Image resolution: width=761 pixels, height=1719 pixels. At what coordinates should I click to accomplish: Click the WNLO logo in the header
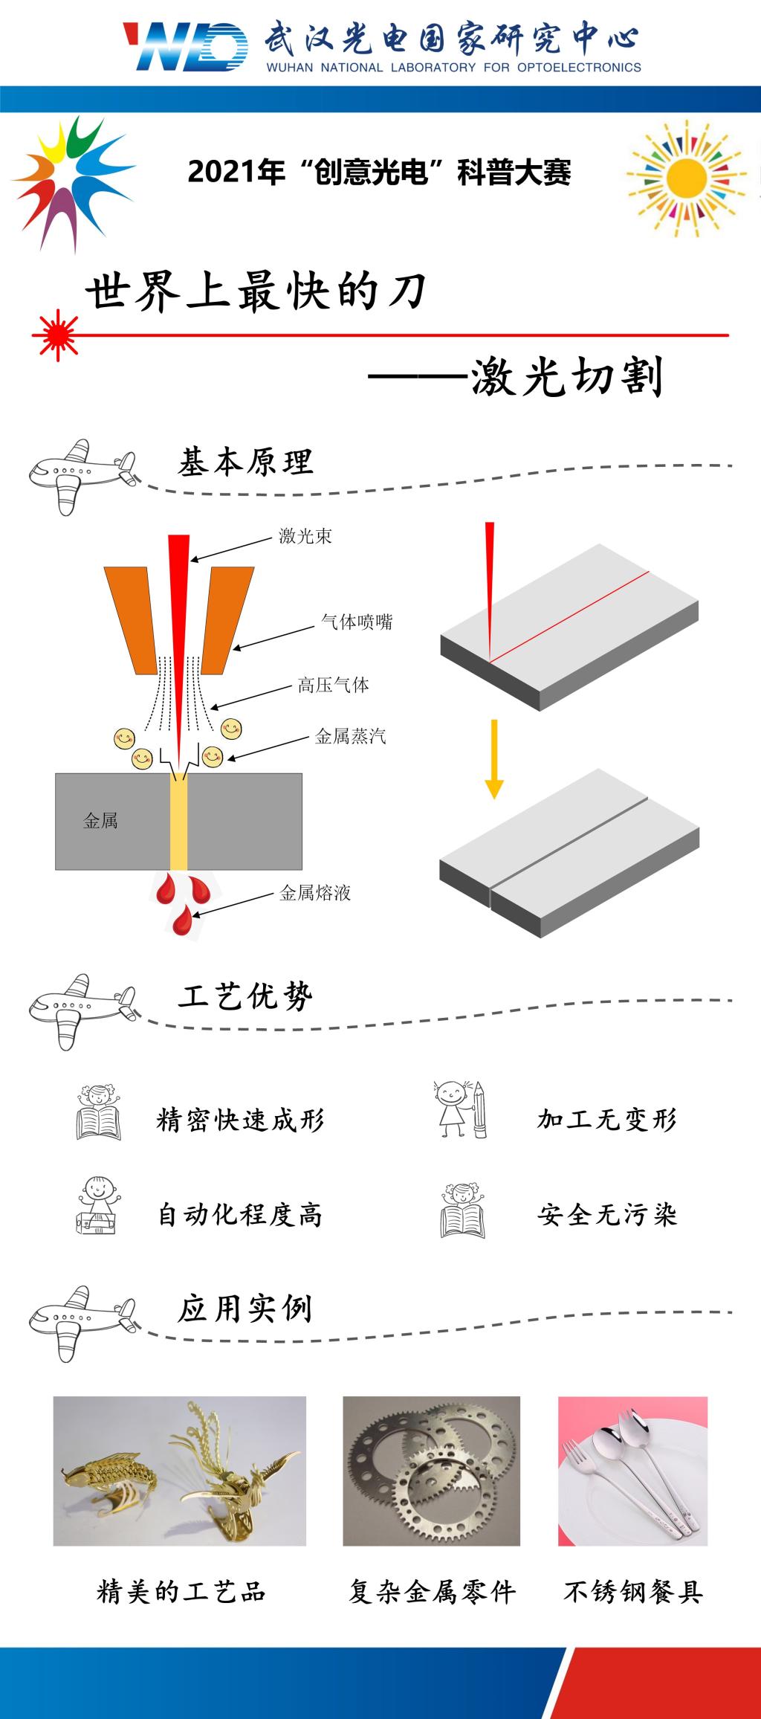tap(186, 46)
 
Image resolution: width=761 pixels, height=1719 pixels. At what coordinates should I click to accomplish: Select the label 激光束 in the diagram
tap(305, 536)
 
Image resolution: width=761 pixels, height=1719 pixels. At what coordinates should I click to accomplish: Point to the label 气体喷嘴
tap(357, 622)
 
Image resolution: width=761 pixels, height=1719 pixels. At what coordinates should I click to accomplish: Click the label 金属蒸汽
tap(350, 736)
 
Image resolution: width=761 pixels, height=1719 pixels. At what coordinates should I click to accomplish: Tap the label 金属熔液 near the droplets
tap(314, 892)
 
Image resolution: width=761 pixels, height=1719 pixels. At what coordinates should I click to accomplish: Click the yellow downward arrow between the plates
tap(494, 759)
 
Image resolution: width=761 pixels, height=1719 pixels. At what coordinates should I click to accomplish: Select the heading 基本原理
tap(245, 462)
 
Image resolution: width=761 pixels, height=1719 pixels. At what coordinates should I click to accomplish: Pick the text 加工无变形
tap(606, 1119)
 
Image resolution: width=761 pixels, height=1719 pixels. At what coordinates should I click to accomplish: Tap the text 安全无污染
tap(606, 1215)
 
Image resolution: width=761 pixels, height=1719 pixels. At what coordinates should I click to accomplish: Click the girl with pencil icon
tap(461, 1109)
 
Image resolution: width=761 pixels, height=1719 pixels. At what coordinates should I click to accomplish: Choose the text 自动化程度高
tap(240, 1215)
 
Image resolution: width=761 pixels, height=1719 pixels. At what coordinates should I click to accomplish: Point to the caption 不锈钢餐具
tap(633, 1592)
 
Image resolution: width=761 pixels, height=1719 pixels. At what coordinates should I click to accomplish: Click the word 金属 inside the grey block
tap(100, 821)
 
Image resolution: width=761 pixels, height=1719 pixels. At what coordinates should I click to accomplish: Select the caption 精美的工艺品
tap(181, 1592)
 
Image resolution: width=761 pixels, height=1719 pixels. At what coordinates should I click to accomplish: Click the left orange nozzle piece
tap(132, 619)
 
